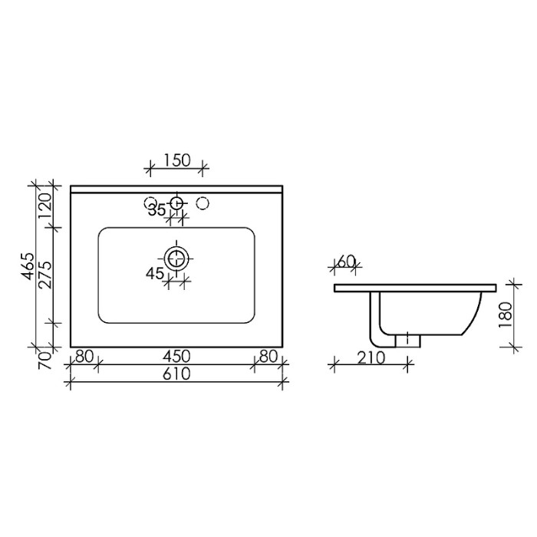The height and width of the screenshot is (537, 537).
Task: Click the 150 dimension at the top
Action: coord(176,160)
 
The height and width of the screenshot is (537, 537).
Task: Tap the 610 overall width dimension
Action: coord(176,374)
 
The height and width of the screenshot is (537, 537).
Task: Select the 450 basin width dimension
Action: coord(176,357)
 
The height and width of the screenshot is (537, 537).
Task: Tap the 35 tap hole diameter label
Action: coord(157,210)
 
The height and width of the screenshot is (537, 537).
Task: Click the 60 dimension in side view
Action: coord(346,262)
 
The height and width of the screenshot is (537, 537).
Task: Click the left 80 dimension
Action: coord(84,357)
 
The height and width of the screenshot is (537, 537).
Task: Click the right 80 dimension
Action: coord(268,357)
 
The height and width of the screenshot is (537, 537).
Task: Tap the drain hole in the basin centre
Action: coord(177,257)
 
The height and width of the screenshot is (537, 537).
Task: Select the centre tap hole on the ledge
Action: coord(177,203)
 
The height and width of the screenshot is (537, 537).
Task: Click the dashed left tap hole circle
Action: coord(150,203)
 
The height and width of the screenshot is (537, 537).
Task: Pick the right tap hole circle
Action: coord(204,203)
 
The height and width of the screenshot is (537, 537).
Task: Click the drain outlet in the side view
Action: coord(408,339)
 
